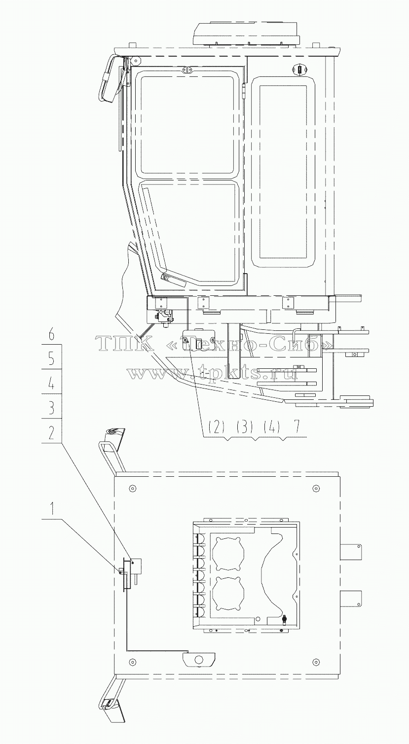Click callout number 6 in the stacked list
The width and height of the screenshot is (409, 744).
pos(51,335)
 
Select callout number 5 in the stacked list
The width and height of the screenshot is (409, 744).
pos(51,359)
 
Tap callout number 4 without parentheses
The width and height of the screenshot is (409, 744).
pos(51,384)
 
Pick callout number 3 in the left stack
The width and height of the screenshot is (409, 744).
pos(51,408)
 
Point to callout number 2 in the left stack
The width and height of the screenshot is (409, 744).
pos(51,433)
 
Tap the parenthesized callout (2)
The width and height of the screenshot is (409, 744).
pos(217,427)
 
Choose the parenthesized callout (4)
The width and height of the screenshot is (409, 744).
pos(271,427)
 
